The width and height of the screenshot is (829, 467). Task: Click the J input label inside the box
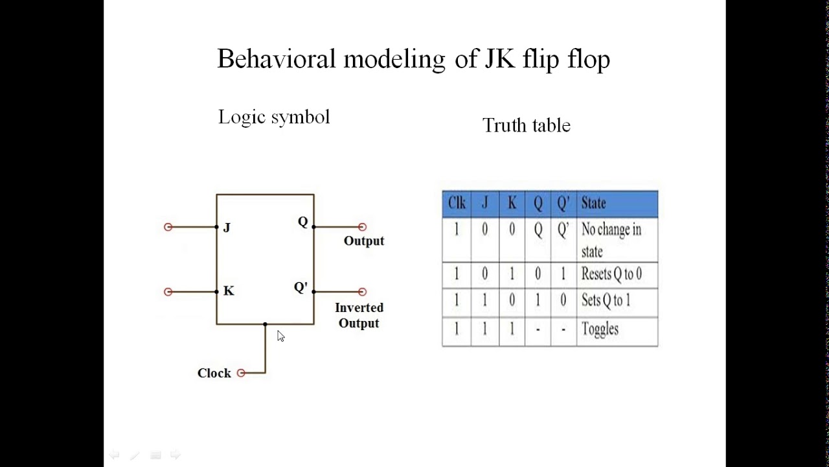tap(227, 228)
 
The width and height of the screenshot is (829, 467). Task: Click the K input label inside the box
tap(229, 291)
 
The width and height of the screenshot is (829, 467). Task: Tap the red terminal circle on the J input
tap(168, 227)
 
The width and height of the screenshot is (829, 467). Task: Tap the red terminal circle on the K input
tap(168, 292)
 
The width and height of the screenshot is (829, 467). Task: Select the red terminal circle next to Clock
tap(241, 373)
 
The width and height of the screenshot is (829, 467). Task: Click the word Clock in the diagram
tap(214, 373)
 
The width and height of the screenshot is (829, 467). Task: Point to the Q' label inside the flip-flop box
tap(301, 287)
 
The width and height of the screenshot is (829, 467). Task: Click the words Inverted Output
tap(359, 315)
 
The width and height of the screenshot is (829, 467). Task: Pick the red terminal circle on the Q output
tap(362, 227)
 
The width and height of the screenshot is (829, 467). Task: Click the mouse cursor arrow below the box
tap(280, 336)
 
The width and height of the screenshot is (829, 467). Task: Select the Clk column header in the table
tap(457, 204)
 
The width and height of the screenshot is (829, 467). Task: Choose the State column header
tap(593, 204)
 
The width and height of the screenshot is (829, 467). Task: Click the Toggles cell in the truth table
tap(600, 329)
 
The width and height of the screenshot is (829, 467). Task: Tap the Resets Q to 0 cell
tap(611, 274)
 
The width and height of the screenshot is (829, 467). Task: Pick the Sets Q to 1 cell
tap(606, 300)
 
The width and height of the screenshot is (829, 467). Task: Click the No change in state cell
tap(611, 240)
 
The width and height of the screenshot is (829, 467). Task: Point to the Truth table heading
tap(526, 125)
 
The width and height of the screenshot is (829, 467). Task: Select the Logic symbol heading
tap(274, 117)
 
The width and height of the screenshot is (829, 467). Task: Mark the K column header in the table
tap(512, 204)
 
